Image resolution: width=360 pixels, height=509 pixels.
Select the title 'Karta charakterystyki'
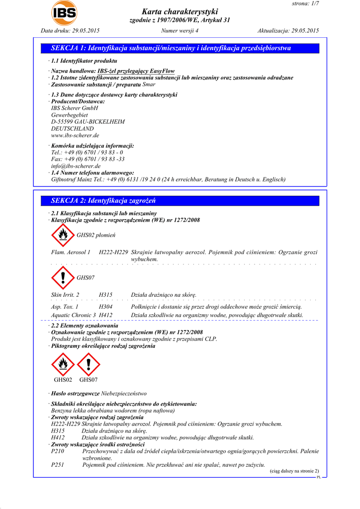click(180, 12)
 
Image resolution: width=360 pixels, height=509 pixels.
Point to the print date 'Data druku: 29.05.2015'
click(70, 31)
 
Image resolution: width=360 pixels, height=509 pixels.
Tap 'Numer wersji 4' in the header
click(180, 31)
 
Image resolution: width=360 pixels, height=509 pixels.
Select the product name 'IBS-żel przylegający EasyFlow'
click(136, 71)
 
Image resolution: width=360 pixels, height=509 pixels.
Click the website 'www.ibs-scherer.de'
click(75, 135)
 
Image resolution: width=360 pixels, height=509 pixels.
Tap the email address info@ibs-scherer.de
click(76, 166)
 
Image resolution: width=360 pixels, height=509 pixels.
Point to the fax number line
click(88, 159)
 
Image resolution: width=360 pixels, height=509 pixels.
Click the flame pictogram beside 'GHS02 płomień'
click(63, 235)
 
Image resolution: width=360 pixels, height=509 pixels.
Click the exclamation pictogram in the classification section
click(63, 277)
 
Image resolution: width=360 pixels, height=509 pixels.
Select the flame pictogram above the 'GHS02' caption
click(63, 364)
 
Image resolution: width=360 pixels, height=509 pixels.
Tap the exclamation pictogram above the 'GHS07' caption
click(89, 364)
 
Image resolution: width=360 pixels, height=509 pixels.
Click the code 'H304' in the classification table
click(105, 307)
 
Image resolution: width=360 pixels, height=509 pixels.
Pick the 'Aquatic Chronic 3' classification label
click(74, 315)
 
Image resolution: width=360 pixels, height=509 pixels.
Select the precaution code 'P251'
click(58, 464)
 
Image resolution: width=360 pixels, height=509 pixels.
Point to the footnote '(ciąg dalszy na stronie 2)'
click(294, 471)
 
